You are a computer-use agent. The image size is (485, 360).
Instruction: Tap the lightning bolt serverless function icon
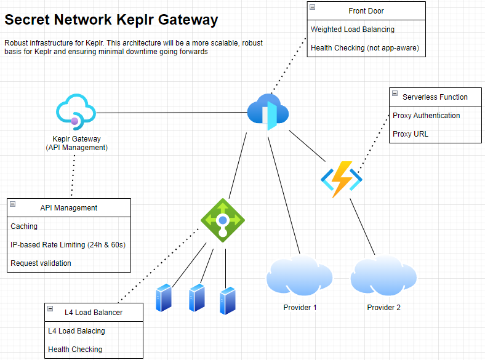coord(341,179)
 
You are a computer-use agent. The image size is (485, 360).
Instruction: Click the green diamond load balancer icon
coord(222,220)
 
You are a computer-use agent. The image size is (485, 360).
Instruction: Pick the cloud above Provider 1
coord(300,276)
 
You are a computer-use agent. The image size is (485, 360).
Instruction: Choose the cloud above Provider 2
coord(383,276)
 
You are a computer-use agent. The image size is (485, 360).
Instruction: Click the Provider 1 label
coord(300,307)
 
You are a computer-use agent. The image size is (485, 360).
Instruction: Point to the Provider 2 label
coord(383,307)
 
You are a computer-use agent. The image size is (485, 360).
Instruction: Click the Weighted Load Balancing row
coord(353,30)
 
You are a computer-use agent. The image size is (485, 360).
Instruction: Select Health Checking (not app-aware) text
coord(365,48)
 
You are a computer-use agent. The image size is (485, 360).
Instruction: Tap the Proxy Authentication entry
coord(426,116)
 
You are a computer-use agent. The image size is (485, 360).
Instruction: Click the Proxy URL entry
coord(411,134)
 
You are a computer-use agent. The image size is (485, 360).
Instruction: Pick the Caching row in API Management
coord(25,226)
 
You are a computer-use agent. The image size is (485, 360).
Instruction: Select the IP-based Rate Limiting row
coord(68,245)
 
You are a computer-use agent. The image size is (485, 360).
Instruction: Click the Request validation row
coord(41,263)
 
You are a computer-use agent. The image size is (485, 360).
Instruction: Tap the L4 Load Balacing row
coord(76,331)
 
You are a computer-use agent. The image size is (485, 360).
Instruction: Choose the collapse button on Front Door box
coord(313,7)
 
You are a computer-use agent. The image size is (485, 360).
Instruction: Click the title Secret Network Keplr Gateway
coord(111,20)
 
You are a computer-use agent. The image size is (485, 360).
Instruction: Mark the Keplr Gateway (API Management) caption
coord(77,143)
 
